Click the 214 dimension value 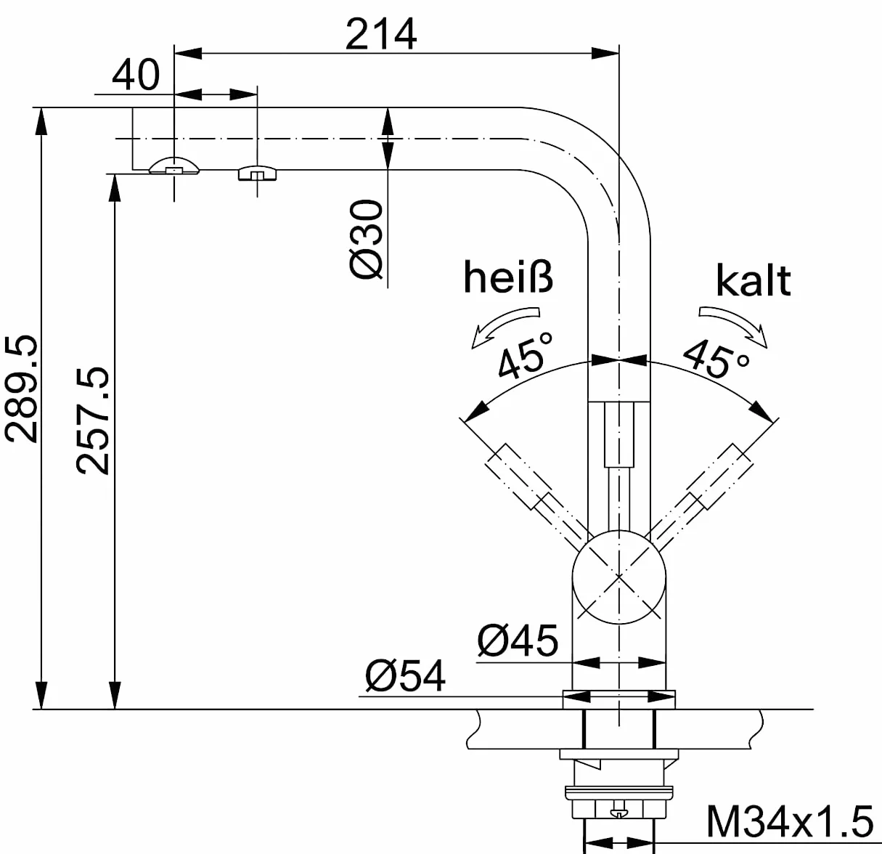point(380,34)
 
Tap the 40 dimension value point(136,74)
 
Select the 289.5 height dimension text point(21,389)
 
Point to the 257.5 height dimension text point(93,420)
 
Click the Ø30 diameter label point(366,238)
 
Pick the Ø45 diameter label point(518,640)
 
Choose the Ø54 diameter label point(405,676)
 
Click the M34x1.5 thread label point(790,821)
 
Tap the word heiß point(508,278)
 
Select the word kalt point(754,280)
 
